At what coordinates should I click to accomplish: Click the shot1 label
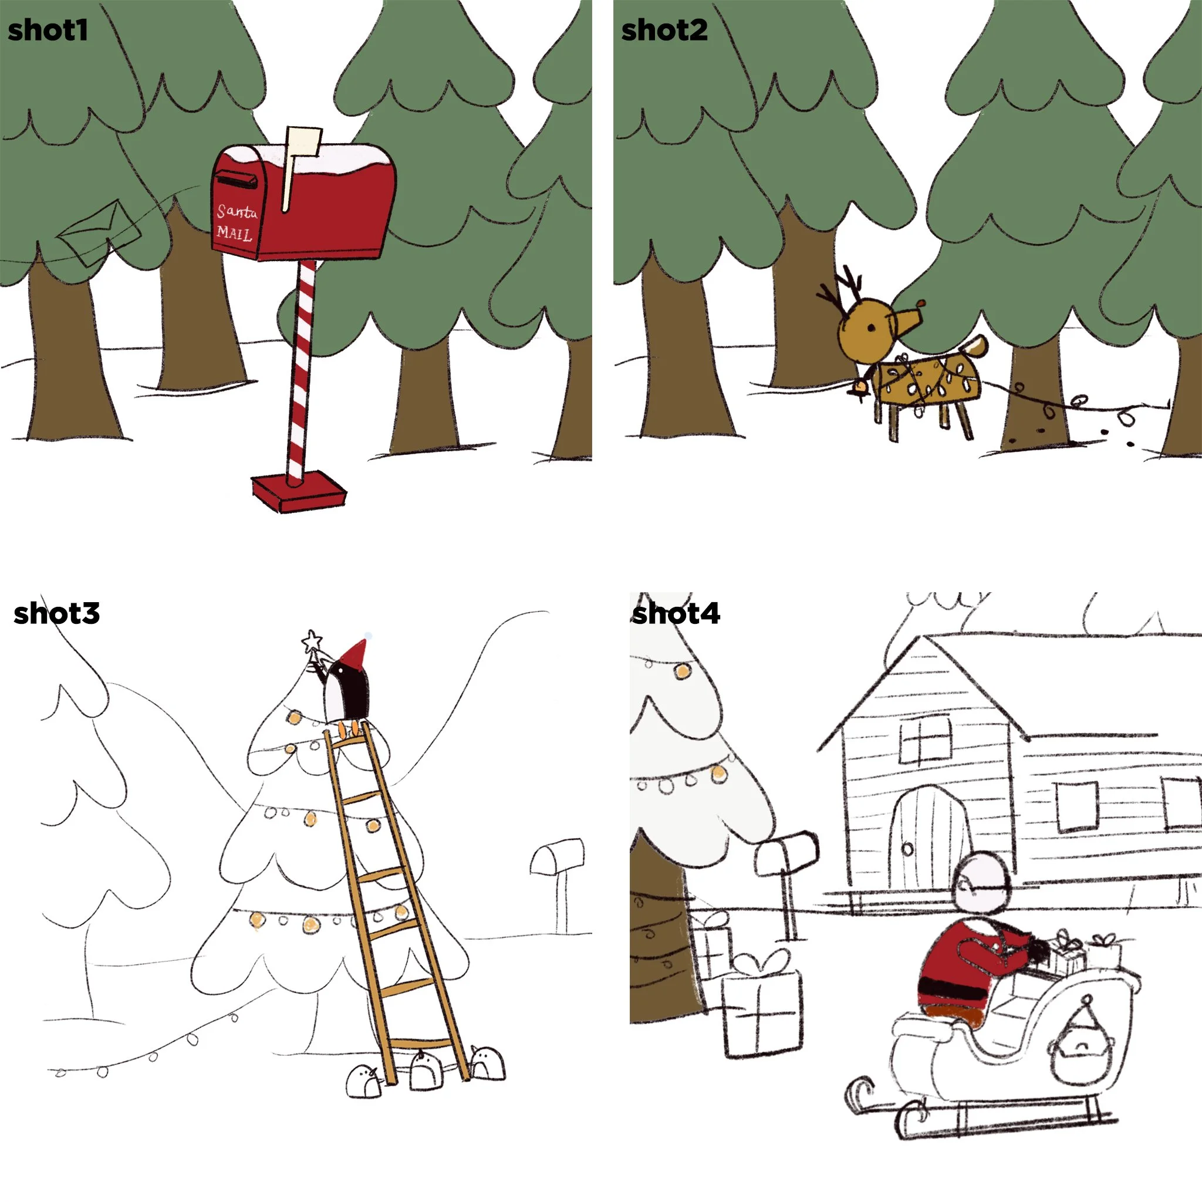coord(48,30)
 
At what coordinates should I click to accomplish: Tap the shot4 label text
coord(676,614)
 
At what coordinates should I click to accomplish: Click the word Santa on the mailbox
coord(237,211)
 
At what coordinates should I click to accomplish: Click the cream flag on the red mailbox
coord(303,143)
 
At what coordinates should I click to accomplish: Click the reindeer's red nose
coord(922,303)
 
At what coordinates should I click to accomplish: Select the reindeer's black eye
coord(871,327)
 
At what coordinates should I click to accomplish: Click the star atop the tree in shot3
coord(311,640)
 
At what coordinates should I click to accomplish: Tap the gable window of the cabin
coord(925,740)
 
